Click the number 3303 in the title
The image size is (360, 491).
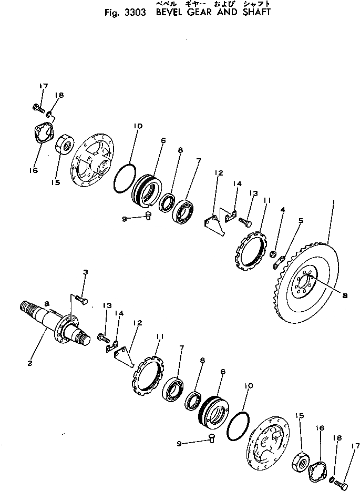136,12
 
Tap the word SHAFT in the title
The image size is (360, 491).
254,12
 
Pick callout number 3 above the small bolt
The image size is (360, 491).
86,272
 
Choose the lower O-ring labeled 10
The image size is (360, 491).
239,423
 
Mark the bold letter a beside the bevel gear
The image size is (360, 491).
344,295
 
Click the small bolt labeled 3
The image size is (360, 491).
80,299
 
